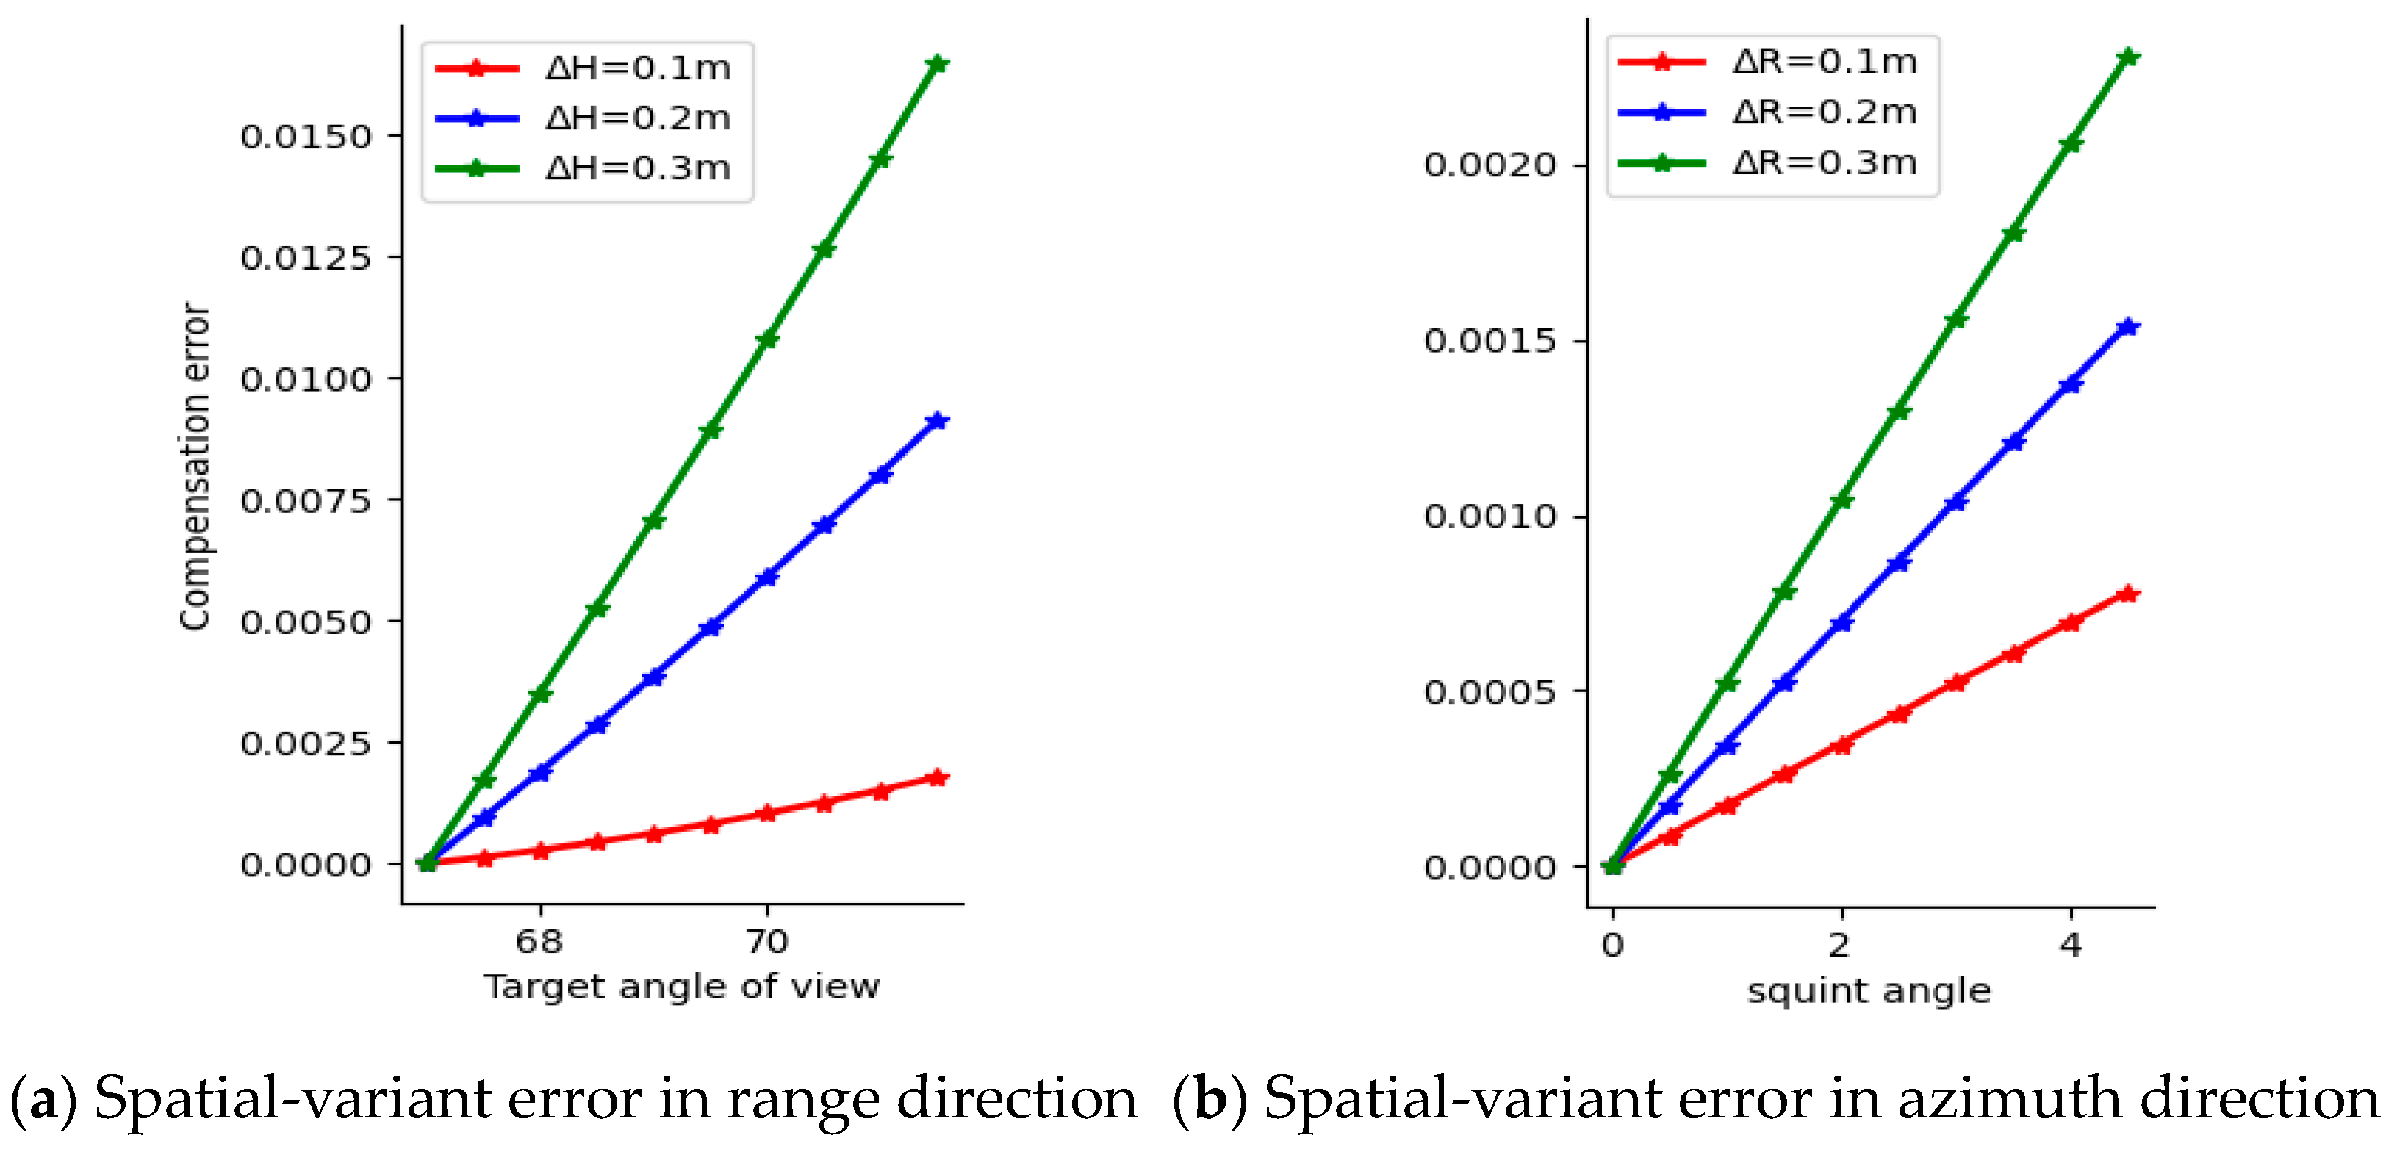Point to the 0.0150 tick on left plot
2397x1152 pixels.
coord(305,137)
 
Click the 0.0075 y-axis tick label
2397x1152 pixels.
coord(305,500)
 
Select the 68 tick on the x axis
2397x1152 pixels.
coord(539,942)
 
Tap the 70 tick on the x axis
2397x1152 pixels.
coord(766,942)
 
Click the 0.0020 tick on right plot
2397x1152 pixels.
coord(1489,165)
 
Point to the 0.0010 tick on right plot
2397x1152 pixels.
coord(1489,516)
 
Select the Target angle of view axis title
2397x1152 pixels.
coord(681,987)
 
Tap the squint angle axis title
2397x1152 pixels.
coord(1869,991)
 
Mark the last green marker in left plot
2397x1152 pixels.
coord(938,63)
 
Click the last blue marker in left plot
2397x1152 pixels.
coord(938,420)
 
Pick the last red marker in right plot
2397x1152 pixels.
coord(2128,594)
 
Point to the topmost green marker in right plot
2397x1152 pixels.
coord(2128,57)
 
